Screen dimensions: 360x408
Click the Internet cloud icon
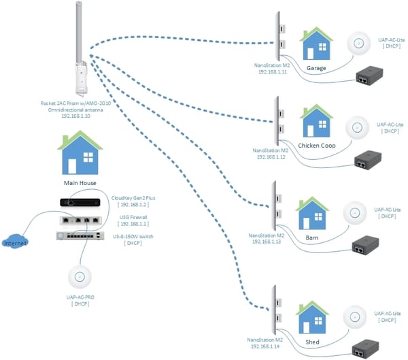[16, 242]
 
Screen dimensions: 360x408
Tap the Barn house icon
[312, 214]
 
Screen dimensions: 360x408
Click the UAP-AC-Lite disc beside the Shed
[354, 315]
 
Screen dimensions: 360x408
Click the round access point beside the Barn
[353, 212]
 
